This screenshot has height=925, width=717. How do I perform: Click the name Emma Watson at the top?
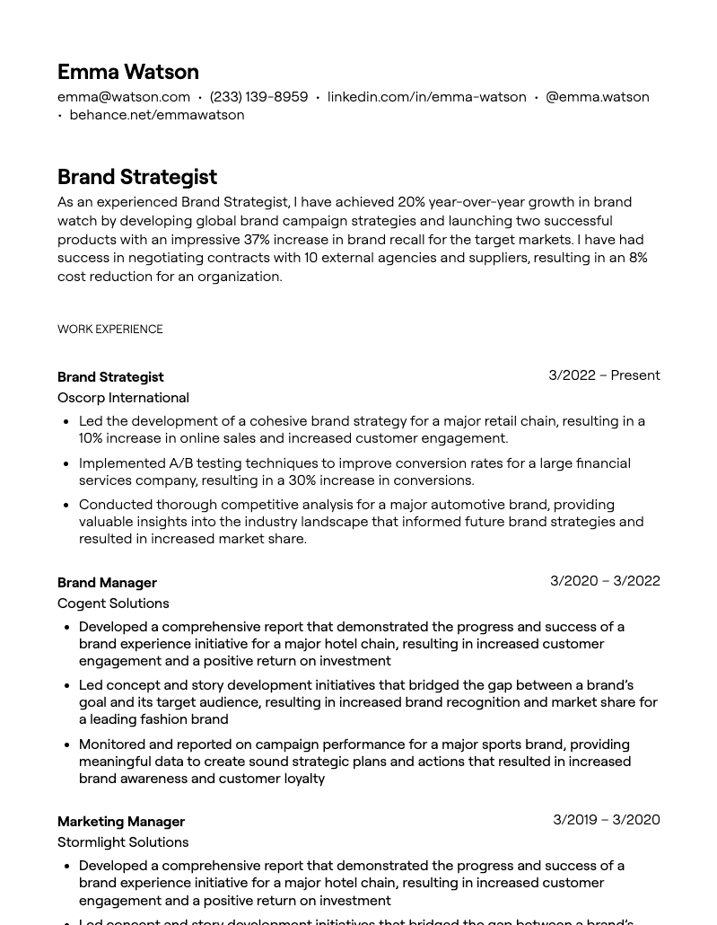127,72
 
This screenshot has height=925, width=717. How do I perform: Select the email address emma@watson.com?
124,97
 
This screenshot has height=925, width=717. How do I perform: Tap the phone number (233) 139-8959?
258,97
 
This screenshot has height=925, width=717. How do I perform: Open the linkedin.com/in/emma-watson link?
426,97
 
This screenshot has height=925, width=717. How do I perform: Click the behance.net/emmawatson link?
156,115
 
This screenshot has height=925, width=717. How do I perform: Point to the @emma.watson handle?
597,97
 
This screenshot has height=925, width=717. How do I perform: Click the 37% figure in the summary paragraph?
257,240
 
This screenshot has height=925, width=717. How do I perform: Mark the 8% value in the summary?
637,258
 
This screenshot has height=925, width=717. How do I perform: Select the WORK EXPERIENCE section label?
110,330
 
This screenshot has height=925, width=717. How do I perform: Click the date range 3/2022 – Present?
604,375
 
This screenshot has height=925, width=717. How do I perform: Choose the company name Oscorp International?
123,398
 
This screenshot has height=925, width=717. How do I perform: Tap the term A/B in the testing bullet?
180,463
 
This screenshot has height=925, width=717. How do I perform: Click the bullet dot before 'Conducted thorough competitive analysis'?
66,506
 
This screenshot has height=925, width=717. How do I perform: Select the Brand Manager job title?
107,583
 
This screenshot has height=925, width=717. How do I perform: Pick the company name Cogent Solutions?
113,603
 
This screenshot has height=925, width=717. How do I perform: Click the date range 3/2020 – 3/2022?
605,581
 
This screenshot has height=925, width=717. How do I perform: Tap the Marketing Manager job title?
121,822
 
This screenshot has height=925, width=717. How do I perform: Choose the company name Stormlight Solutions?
123,842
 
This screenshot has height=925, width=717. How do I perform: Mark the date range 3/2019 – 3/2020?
606,820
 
